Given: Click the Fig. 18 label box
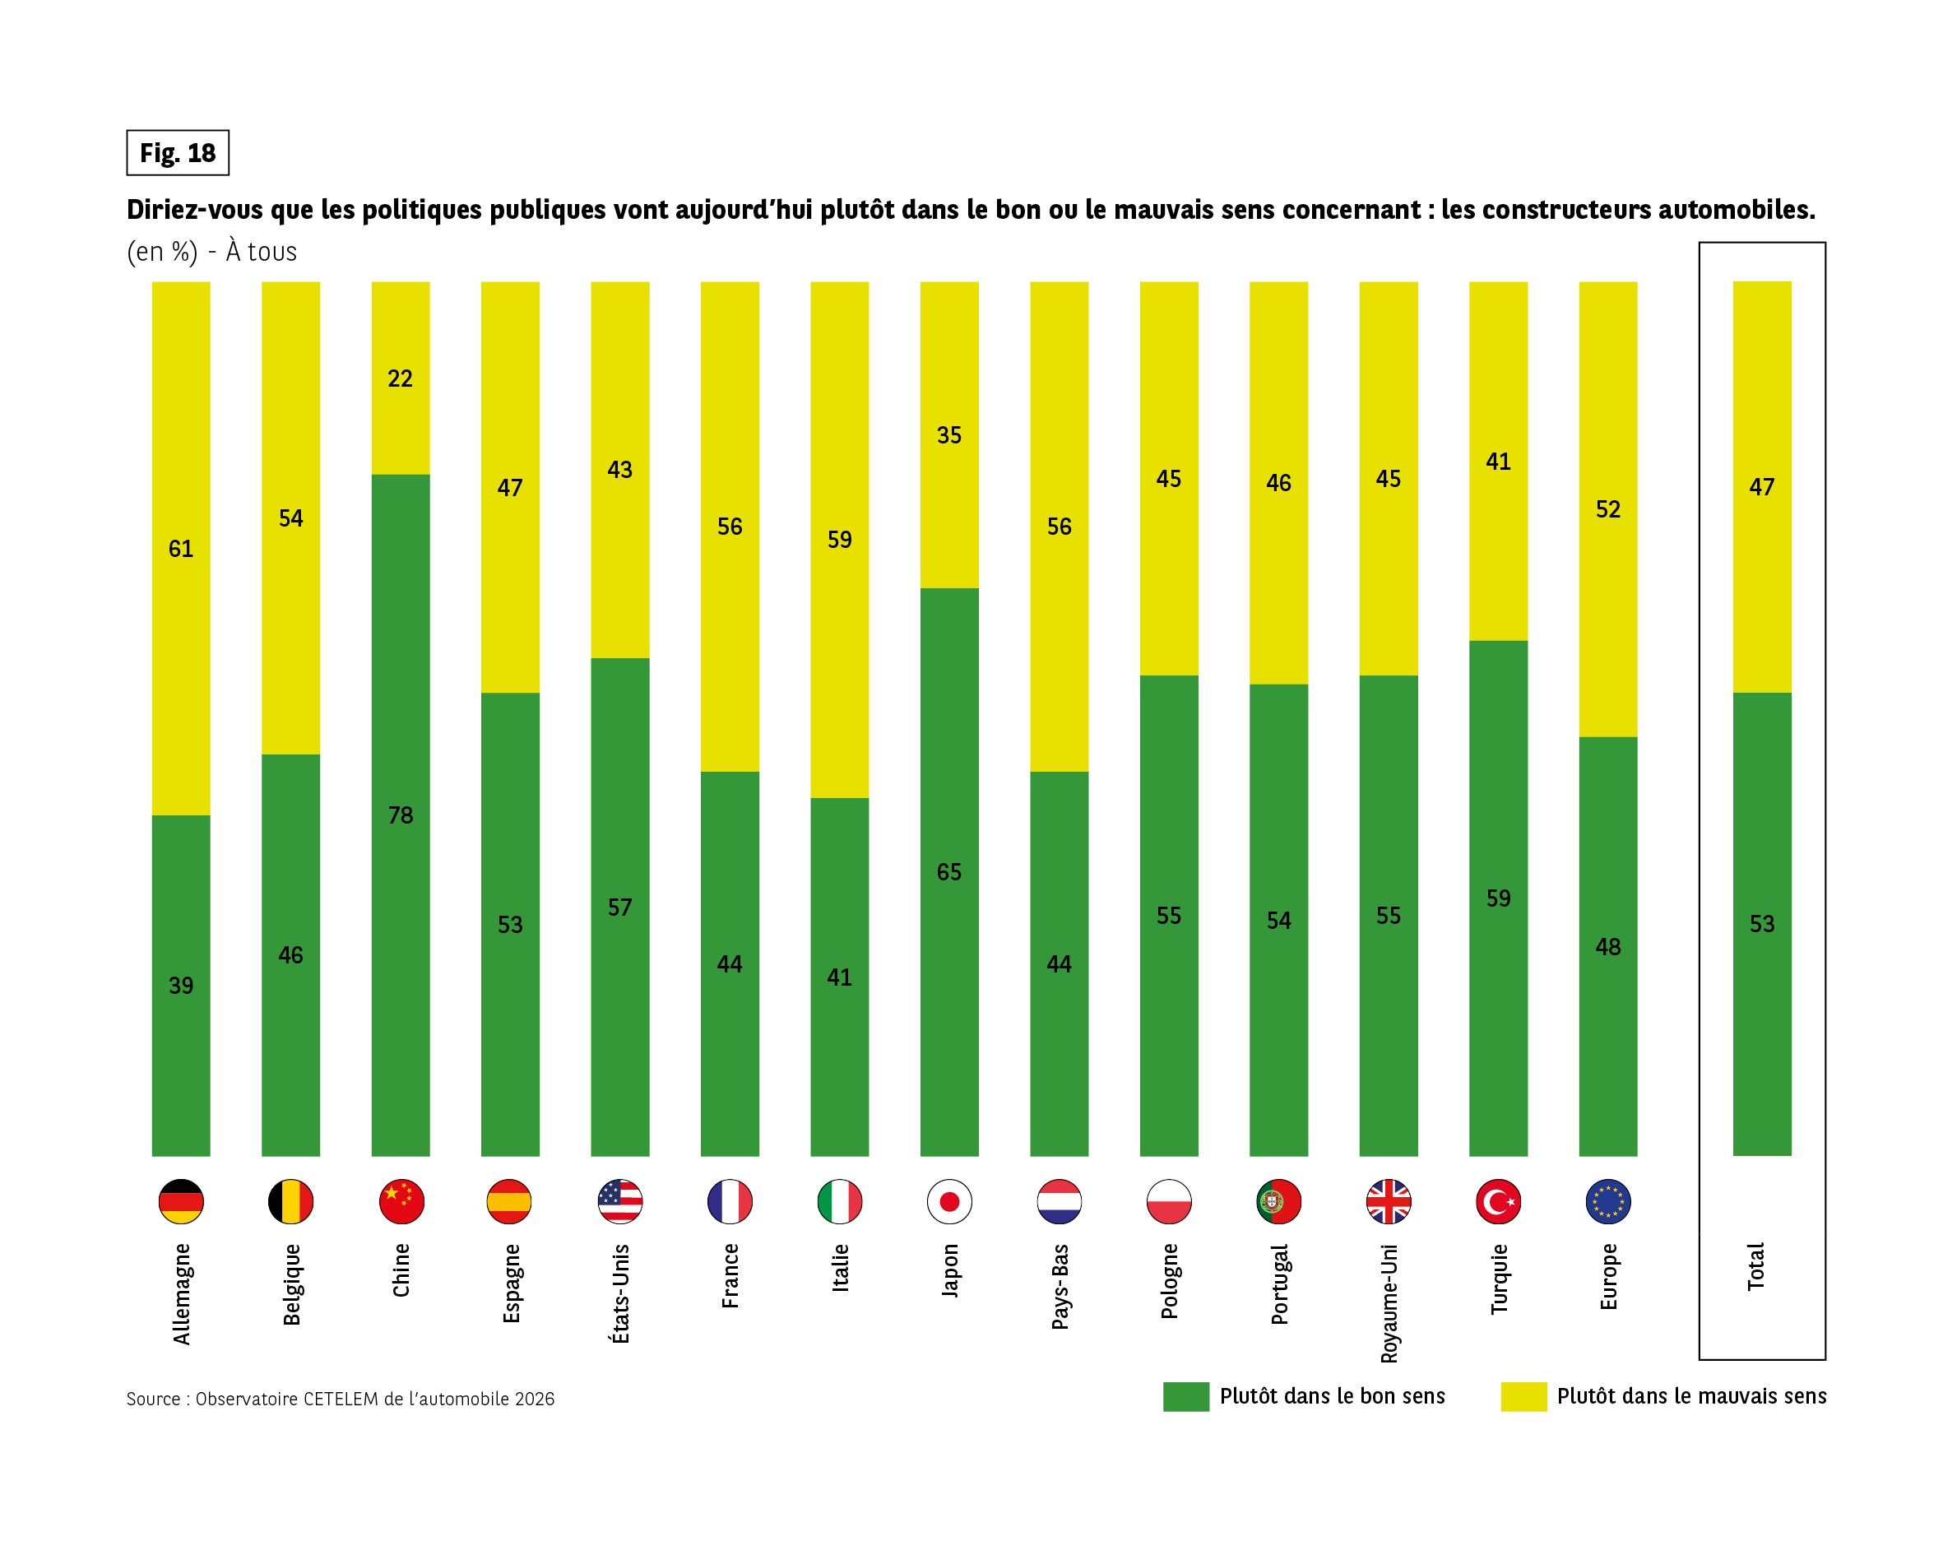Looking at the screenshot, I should click(178, 152).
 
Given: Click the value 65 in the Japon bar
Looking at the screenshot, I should click(949, 871).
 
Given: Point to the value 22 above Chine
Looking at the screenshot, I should click(400, 378).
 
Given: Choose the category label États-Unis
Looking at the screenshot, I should click(620, 1293).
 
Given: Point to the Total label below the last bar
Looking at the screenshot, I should click(1755, 1266).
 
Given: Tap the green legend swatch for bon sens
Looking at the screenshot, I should click(1185, 1396).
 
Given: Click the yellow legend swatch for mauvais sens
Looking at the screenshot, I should click(1523, 1396).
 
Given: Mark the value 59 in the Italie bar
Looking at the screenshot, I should click(839, 539).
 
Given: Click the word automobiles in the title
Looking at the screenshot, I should click(1738, 209).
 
